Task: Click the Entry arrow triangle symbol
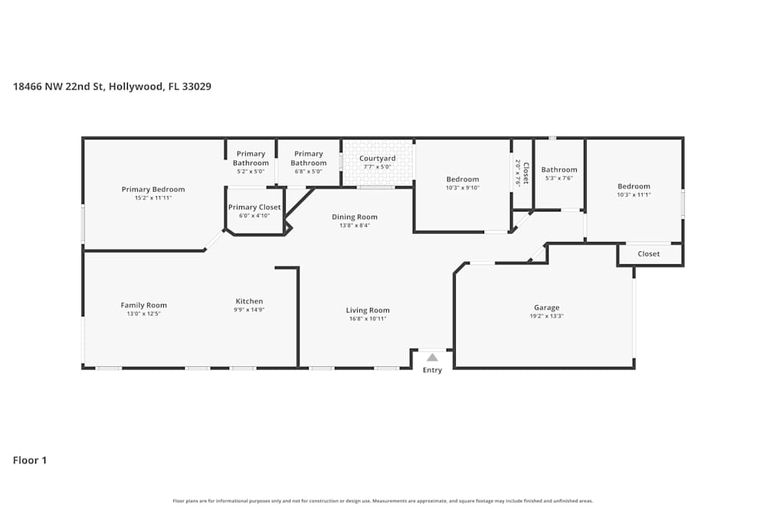pyautogui.click(x=432, y=357)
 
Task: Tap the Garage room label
pyautogui.click(x=546, y=308)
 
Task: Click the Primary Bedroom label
pyautogui.click(x=153, y=189)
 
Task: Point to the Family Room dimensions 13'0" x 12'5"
pyautogui.click(x=143, y=313)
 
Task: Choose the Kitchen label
pyautogui.click(x=249, y=301)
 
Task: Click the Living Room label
pyautogui.click(x=368, y=310)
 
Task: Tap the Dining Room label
pyautogui.click(x=354, y=217)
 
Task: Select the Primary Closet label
pyautogui.click(x=254, y=207)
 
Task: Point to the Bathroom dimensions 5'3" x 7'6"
pyautogui.click(x=559, y=178)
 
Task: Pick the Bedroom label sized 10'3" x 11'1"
pyautogui.click(x=633, y=186)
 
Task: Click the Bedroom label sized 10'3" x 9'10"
pyautogui.click(x=462, y=179)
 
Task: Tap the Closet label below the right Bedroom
pyautogui.click(x=649, y=254)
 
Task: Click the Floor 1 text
pyautogui.click(x=30, y=460)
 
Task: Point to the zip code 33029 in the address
pyautogui.click(x=197, y=87)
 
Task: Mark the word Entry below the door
pyautogui.click(x=432, y=371)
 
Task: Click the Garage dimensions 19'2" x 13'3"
pyautogui.click(x=546, y=316)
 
